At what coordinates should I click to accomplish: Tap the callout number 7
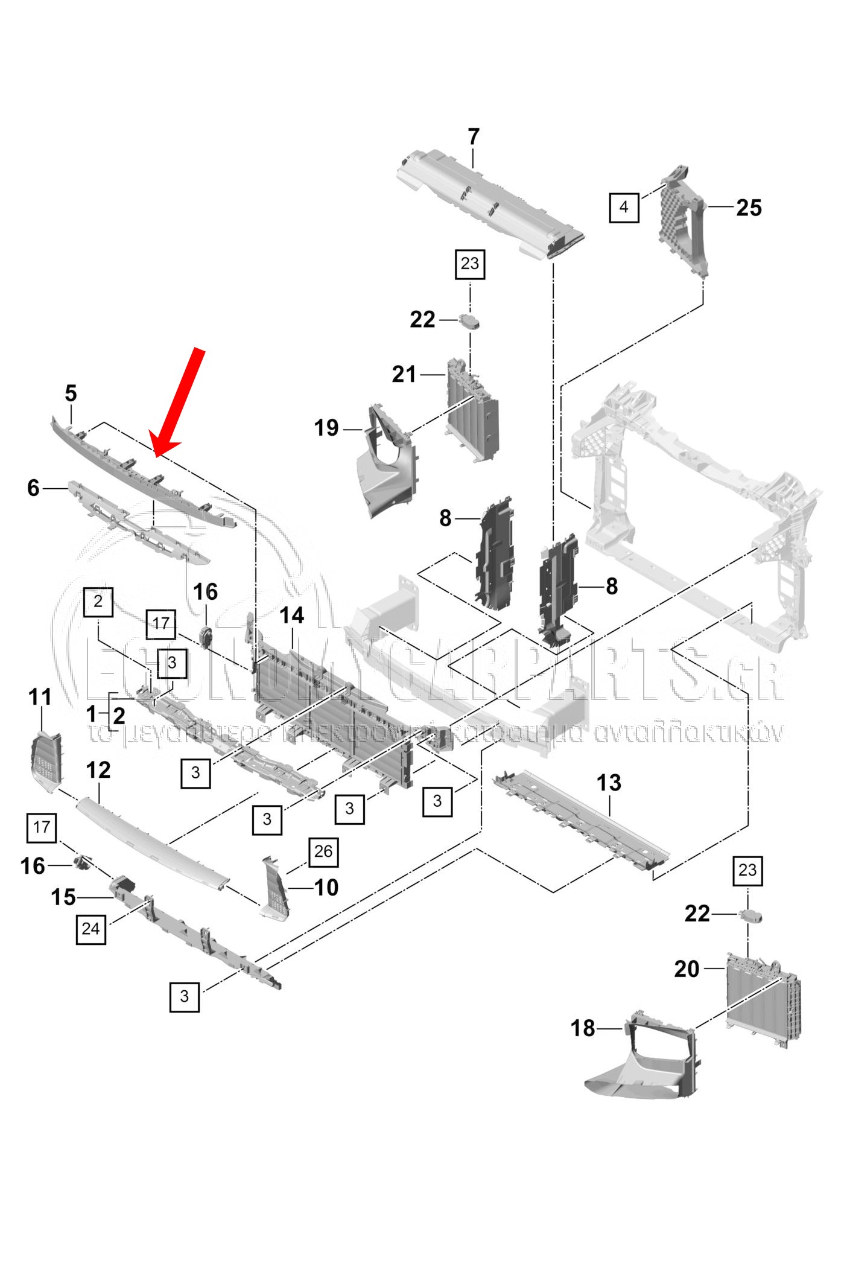pos(474,137)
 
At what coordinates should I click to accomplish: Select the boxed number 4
pos(624,208)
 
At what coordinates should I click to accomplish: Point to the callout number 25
pos(749,208)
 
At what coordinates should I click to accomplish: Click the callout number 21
pos(404,375)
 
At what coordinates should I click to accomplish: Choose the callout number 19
pos(326,428)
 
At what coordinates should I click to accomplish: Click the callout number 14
pos(292,616)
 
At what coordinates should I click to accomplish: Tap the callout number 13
pos(609,783)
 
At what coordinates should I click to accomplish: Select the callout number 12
pos(98,770)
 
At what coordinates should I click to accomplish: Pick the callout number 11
pos(40,697)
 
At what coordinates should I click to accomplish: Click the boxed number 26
pos(323,851)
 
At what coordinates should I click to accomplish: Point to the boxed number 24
pos(90,929)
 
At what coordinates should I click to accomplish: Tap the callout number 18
pos(583,1028)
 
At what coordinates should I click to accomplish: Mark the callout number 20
pos(687,969)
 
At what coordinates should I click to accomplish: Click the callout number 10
pos(326,888)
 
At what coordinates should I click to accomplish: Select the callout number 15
pos(63,897)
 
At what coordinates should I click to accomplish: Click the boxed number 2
pos(98,602)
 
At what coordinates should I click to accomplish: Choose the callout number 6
pos(33,488)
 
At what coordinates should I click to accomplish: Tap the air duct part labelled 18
pos(646,1062)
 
